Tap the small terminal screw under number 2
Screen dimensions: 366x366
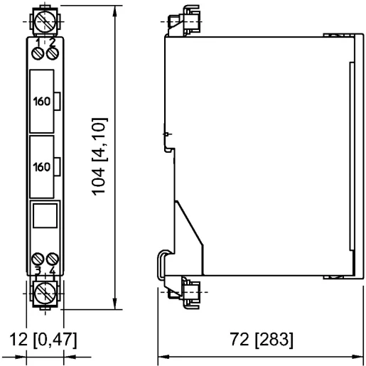51,54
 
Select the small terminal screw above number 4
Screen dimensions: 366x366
51,259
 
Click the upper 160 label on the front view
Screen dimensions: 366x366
42,101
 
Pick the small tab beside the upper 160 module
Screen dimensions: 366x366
58,101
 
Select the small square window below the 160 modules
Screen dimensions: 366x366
45,215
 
